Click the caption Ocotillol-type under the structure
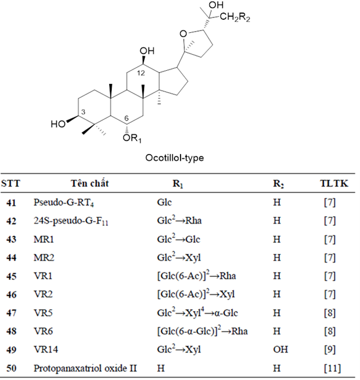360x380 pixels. pyautogui.click(x=174, y=158)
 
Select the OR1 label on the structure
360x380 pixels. pyautogui.click(x=132, y=138)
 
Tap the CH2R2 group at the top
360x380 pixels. pyautogui.click(x=235, y=17)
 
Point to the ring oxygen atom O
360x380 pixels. pyautogui.click(x=183, y=34)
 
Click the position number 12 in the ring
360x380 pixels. pyautogui.click(x=141, y=73)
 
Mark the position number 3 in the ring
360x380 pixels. pyautogui.click(x=83, y=112)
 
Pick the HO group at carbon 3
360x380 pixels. pyautogui.click(x=58, y=124)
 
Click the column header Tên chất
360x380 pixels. pyautogui.click(x=89, y=183)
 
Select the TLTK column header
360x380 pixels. pyautogui.click(x=334, y=183)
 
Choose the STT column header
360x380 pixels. pyautogui.click(x=11, y=183)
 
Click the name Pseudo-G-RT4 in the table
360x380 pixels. pyautogui.click(x=63, y=202)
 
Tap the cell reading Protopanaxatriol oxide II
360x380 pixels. pyautogui.click(x=85, y=368)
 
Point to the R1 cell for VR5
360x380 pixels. pyautogui.click(x=197, y=312)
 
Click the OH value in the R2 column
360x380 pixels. pyautogui.click(x=281, y=350)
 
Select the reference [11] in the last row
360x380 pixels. pyautogui.click(x=332, y=368)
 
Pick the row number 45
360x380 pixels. pyautogui.click(x=11, y=276)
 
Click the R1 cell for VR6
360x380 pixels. pyautogui.click(x=202, y=331)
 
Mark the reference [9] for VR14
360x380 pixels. pyautogui.click(x=330, y=350)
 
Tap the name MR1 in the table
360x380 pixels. pyautogui.click(x=43, y=240)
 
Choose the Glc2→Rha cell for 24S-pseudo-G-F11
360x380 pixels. pyautogui.click(x=179, y=220)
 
